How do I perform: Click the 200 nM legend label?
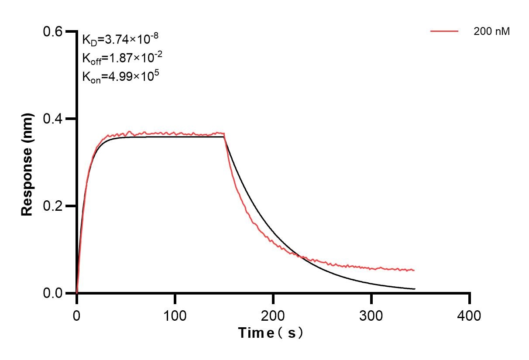tap(492, 31)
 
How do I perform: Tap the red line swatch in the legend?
tap(444, 31)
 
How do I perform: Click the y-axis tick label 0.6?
tap(53, 31)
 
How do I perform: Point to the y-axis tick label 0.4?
tap(53, 119)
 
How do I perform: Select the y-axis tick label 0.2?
tap(53, 206)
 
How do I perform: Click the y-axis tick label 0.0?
tap(53, 293)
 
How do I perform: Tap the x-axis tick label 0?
tap(77, 315)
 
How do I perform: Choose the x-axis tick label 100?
tap(175, 315)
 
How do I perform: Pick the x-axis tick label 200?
tap(273, 315)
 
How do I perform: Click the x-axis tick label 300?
tap(371, 315)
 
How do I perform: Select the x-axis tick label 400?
tap(470, 315)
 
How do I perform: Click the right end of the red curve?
tap(414, 271)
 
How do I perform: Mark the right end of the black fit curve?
tap(415, 289)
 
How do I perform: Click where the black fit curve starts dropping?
tap(224, 137)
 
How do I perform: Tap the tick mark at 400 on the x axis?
tap(470, 298)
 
